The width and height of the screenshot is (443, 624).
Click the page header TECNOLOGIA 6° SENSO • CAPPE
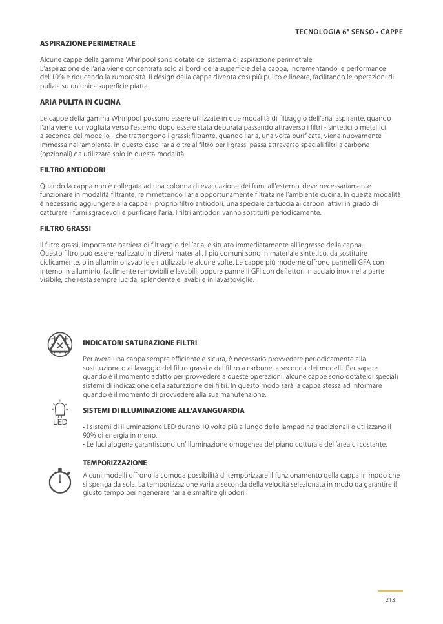point(349,32)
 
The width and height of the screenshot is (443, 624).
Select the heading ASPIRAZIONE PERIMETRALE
point(88,43)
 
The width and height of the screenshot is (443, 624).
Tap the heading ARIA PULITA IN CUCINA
point(80,102)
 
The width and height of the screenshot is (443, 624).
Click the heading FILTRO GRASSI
point(65,228)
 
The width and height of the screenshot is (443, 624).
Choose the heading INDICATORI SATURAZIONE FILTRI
point(140,343)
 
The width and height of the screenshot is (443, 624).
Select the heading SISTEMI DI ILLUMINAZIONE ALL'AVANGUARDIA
point(163,410)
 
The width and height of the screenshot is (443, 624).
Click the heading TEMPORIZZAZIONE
point(114,463)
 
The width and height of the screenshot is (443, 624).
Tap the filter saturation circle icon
point(60,345)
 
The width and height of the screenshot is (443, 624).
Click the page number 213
point(390,600)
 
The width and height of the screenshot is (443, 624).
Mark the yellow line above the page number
point(390,590)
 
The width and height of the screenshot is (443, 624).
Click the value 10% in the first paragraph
point(54,76)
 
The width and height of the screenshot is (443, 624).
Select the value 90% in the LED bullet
point(90,435)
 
